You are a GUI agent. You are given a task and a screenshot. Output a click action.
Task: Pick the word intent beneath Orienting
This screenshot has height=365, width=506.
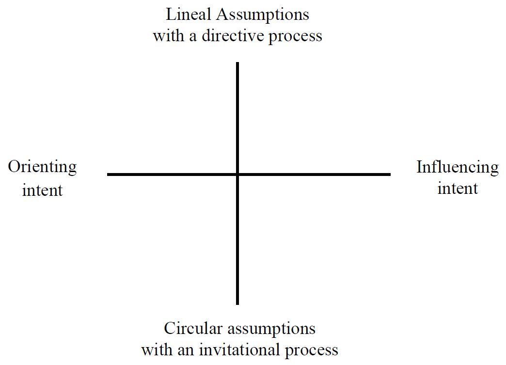(x=42, y=190)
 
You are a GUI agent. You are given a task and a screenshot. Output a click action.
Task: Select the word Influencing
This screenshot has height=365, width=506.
(x=457, y=167)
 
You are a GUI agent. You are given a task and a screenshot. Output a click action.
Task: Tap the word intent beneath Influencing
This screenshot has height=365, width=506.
(x=458, y=189)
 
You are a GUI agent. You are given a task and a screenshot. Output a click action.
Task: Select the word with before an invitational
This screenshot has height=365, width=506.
(x=157, y=349)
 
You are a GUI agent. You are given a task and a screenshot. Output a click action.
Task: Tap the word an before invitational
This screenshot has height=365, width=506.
(x=188, y=350)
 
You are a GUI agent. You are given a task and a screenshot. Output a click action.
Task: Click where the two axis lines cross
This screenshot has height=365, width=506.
(x=237, y=174)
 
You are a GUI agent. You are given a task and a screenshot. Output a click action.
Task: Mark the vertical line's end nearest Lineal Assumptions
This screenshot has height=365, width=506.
(x=237, y=63)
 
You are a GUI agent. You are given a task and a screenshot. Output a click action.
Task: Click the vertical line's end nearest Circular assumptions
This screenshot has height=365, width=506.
(x=237, y=303)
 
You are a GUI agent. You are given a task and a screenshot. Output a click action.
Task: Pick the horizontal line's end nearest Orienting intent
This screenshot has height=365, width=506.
(x=108, y=174)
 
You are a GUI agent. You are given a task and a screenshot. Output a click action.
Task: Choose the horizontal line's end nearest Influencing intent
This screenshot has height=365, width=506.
(x=390, y=174)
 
